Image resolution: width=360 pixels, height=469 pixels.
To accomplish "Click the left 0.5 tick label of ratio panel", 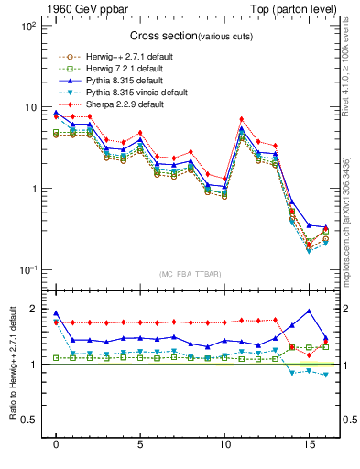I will pyautogui.click(x=29, y=420).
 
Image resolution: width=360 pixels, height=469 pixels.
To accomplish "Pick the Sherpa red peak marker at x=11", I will pyautogui.click(x=241, y=119).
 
